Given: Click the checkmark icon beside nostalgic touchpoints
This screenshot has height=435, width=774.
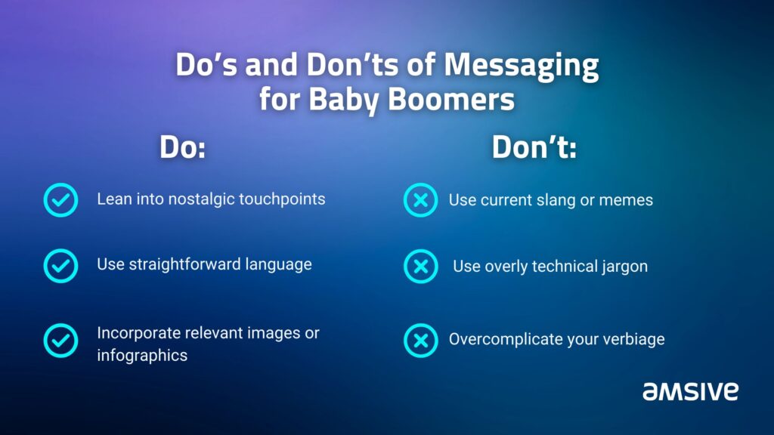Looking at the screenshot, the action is [x=60, y=199].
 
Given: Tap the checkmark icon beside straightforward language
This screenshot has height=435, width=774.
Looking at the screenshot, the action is [x=60, y=266].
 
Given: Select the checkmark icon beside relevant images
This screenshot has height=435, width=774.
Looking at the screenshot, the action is [x=60, y=341].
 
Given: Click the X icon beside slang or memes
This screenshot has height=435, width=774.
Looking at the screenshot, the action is [x=420, y=199].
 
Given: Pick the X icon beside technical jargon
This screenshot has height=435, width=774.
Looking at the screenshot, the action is [x=420, y=267].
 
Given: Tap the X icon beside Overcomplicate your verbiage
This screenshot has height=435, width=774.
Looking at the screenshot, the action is [x=420, y=341].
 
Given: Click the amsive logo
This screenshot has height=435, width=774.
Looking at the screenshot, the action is [x=690, y=391].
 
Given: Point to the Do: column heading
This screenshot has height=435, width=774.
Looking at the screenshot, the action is [x=183, y=147].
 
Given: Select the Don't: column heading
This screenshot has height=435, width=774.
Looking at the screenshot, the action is [x=534, y=147].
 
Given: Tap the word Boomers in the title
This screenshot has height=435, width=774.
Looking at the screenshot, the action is [x=450, y=99].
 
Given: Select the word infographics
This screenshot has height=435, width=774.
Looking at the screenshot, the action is [x=142, y=356].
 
